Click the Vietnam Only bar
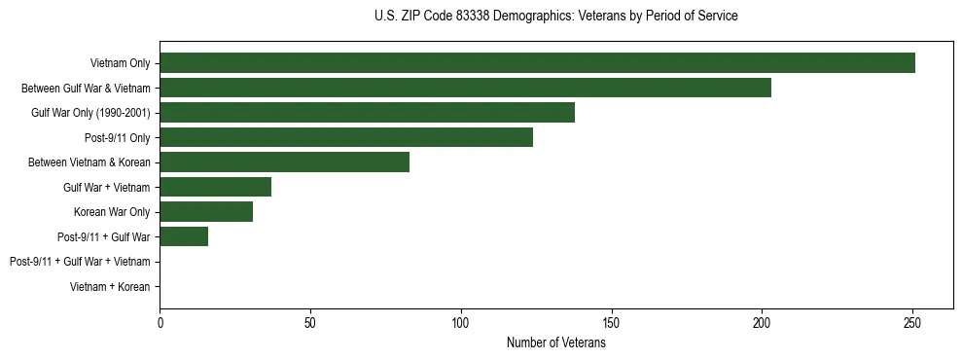(x=537, y=63)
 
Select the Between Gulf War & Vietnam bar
(x=465, y=89)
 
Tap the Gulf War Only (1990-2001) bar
(x=367, y=113)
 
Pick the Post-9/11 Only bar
(x=346, y=138)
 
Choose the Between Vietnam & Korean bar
(x=284, y=162)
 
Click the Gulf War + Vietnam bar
(x=215, y=187)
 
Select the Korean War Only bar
(x=206, y=212)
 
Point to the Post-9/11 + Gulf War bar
(x=184, y=236)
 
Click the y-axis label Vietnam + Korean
(x=110, y=287)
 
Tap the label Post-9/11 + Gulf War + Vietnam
(x=80, y=262)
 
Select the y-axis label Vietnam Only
(x=120, y=63)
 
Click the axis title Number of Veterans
(x=556, y=342)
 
